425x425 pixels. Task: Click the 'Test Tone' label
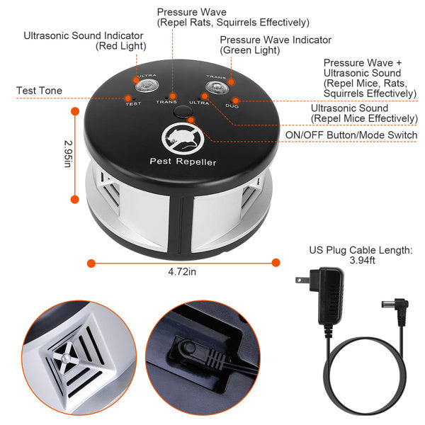click(39, 91)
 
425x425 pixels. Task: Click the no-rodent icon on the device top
click(182, 137)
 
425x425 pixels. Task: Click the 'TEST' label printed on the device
click(132, 104)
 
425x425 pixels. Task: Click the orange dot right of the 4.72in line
click(276, 263)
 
